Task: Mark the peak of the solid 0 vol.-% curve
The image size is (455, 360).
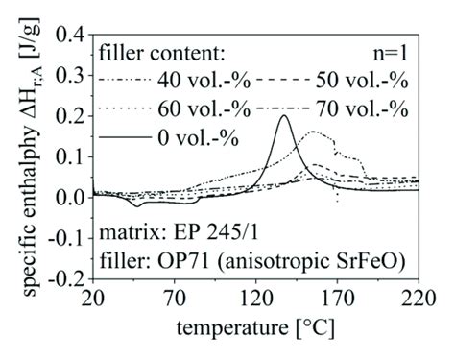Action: (x=283, y=116)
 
